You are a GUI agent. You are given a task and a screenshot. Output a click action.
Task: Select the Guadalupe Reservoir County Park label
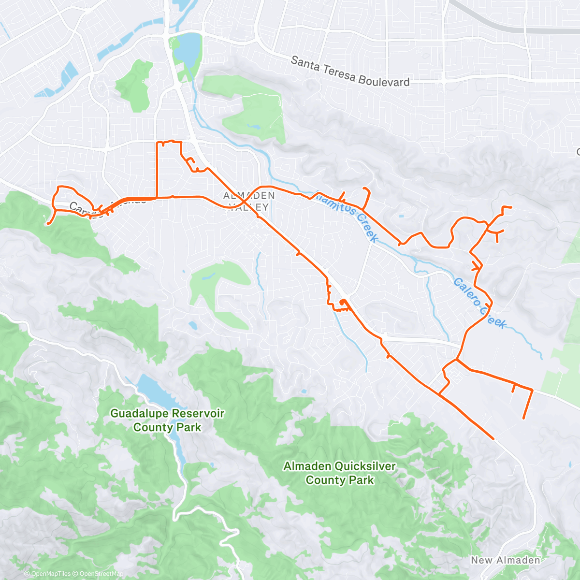pos(167,420)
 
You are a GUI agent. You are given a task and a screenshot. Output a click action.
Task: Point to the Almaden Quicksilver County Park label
pos(339,473)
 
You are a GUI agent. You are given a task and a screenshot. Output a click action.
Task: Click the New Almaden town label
pos(506,560)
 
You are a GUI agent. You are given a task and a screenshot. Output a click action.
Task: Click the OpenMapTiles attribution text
pos(51,574)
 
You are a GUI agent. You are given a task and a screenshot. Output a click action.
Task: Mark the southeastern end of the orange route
pos(493,439)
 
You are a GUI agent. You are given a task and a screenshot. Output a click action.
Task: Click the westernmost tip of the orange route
pos(48,223)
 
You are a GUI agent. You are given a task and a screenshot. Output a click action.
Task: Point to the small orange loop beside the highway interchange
pos(343,304)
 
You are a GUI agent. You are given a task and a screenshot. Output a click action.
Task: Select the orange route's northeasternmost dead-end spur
pos(510,207)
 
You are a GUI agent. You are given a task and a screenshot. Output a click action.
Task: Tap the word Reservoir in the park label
pos(197,414)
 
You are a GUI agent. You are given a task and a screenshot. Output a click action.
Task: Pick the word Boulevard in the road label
pos(384,80)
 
